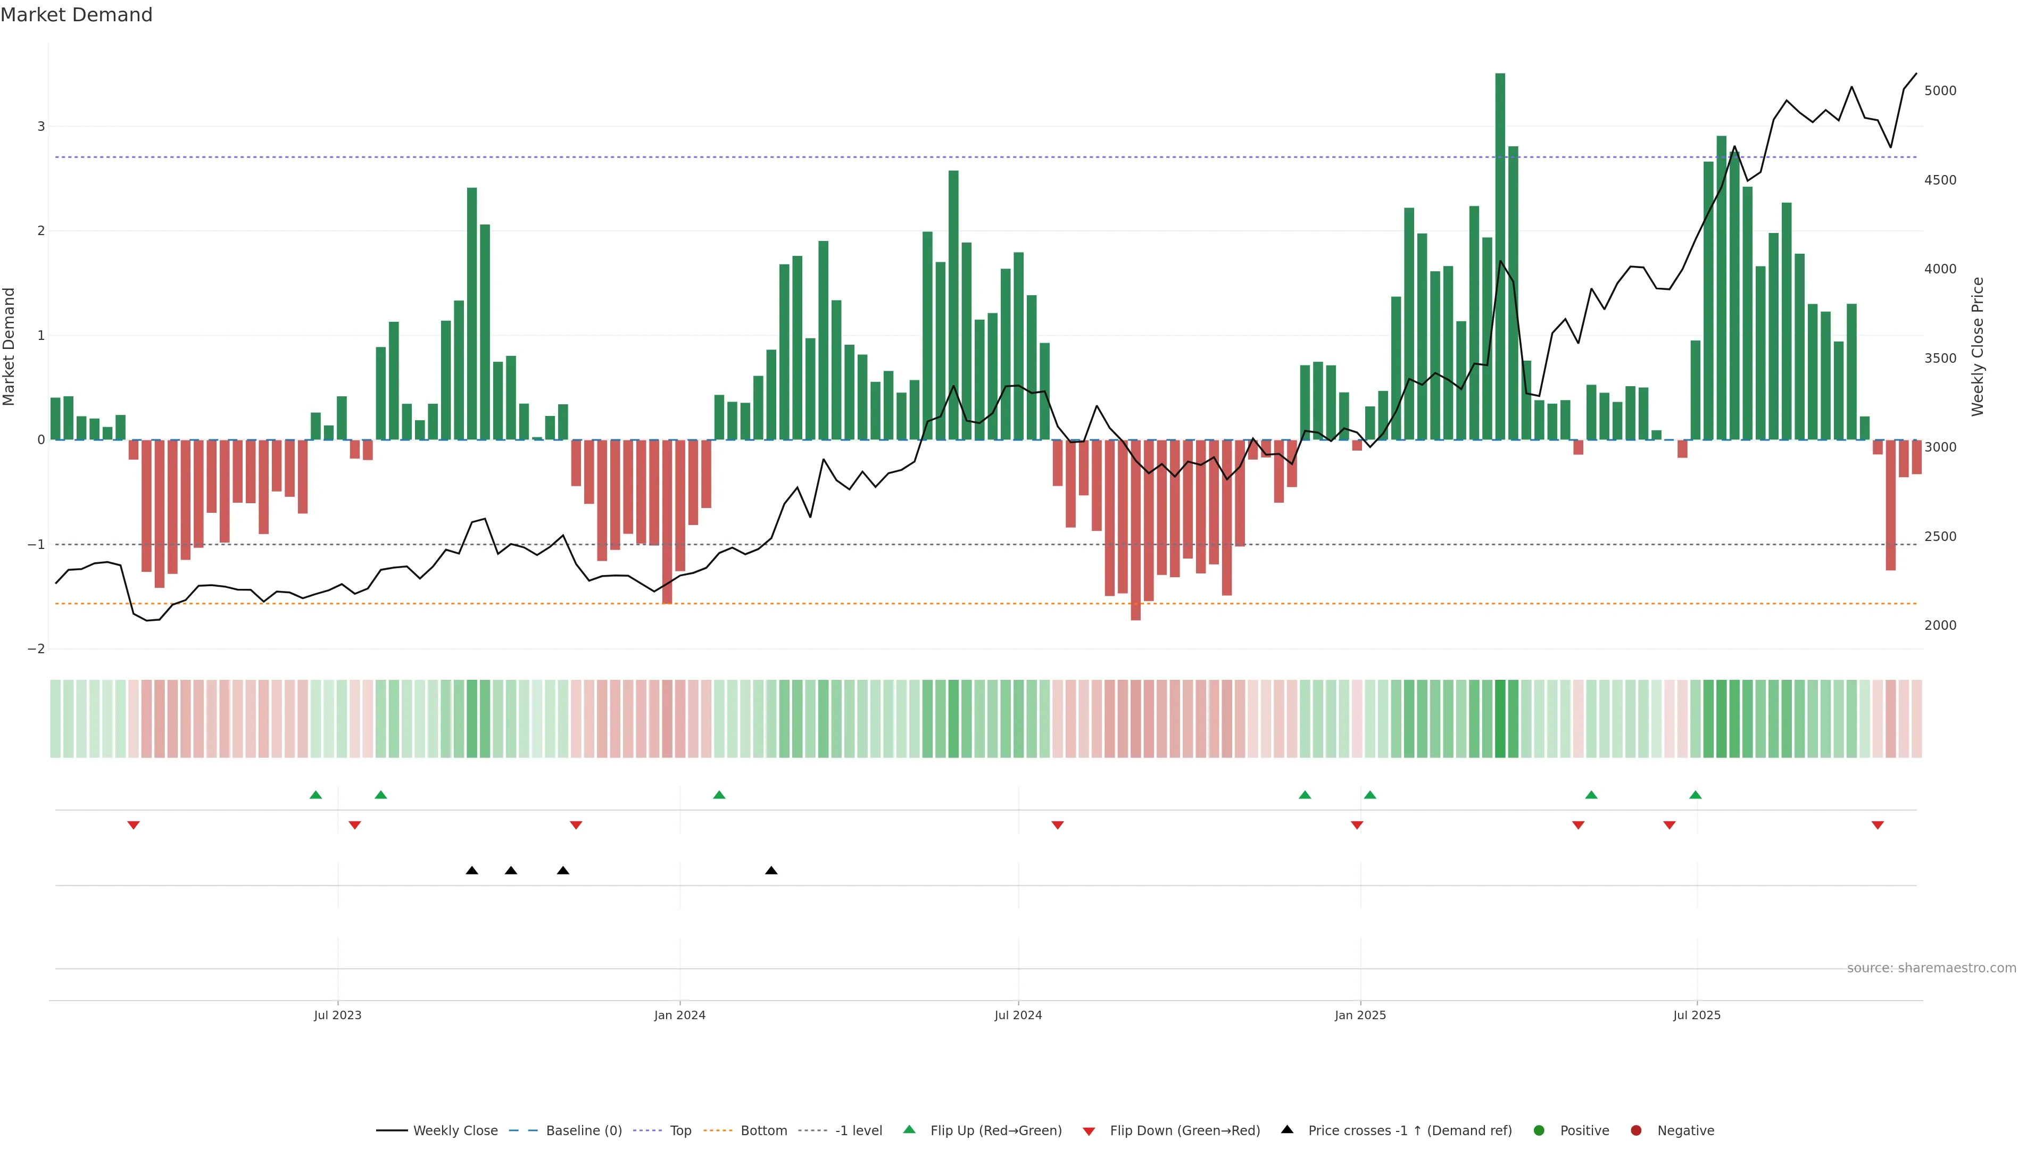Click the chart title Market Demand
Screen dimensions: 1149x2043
[76, 15]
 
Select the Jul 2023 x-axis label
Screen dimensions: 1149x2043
[337, 1015]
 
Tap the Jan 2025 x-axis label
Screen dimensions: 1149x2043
[1360, 1015]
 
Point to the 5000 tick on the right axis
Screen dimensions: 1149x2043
[1940, 91]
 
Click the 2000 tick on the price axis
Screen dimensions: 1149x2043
[1940, 626]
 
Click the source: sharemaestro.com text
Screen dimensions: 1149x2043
[1931, 968]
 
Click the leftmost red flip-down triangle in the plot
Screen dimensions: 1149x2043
[133, 826]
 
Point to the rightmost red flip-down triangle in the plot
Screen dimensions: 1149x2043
[1877, 826]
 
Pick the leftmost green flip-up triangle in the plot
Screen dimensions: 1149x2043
[315, 795]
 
